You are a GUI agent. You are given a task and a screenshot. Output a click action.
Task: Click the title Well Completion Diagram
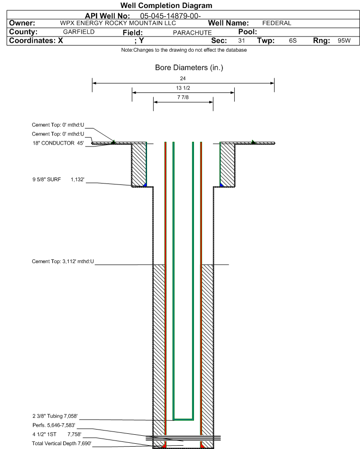[x=166, y=5]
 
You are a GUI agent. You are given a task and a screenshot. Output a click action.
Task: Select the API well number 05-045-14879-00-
[x=170, y=16]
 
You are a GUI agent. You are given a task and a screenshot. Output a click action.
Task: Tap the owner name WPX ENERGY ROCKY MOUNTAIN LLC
[x=118, y=23]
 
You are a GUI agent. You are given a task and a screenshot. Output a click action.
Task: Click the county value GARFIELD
[x=79, y=32]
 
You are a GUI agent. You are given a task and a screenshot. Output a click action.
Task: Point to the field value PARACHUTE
[x=192, y=33]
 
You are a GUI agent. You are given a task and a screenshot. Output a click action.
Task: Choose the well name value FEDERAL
[x=277, y=23]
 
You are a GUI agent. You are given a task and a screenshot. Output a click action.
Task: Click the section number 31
[x=241, y=41]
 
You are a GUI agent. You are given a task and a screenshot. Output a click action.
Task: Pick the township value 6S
[x=293, y=41]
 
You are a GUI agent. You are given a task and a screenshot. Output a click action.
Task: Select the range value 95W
[x=344, y=41]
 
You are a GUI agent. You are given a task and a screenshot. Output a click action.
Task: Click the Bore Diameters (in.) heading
[x=189, y=68]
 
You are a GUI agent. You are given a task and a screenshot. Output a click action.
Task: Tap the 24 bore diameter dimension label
[x=183, y=78]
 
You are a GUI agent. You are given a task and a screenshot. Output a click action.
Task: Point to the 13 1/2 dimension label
[x=183, y=88]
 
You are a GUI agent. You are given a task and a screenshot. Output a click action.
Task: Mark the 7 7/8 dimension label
[x=183, y=97]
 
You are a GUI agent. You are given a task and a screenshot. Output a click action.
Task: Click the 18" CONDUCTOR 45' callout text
[x=58, y=143]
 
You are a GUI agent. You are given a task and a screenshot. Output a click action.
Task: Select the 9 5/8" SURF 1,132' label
[x=58, y=180]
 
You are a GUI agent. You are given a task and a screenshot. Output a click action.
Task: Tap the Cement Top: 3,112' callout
[x=63, y=261]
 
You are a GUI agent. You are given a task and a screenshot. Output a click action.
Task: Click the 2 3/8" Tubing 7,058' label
[x=55, y=416]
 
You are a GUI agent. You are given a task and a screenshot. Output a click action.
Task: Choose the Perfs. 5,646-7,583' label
[x=54, y=425]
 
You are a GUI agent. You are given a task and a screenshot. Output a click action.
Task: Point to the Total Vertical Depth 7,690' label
[x=62, y=444]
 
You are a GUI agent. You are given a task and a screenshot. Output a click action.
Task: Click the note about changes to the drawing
[x=184, y=50]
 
